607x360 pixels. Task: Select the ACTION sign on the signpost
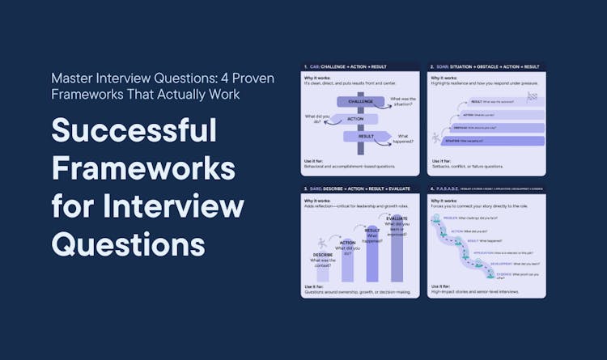pos(355,119)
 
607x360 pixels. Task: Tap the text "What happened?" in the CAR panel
pos(405,139)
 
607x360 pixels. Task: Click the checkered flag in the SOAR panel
pos(532,95)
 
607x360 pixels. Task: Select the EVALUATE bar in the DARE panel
pos(397,251)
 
